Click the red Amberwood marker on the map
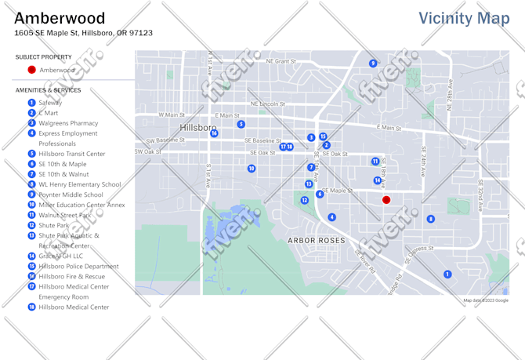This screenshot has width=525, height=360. pyautogui.click(x=386, y=200)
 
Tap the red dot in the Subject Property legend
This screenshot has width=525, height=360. pyautogui.click(x=31, y=70)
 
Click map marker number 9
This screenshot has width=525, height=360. pyautogui.click(x=373, y=64)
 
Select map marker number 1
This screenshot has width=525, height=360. pyautogui.click(x=447, y=275)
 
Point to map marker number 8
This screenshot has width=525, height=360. pyautogui.click(x=430, y=219)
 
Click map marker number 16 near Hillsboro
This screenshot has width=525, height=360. pyautogui.click(x=214, y=133)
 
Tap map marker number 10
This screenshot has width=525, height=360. pyautogui.click(x=252, y=169)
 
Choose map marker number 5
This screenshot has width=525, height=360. pyautogui.click(x=241, y=124)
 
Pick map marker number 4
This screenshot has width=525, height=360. pyautogui.click(x=331, y=217)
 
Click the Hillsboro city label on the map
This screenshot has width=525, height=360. pyautogui.click(x=197, y=128)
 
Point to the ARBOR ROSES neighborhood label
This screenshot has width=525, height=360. pyautogui.click(x=316, y=240)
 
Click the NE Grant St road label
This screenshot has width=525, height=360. pyautogui.click(x=281, y=60)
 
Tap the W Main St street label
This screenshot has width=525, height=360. pyautogui.click(x=172, y=115)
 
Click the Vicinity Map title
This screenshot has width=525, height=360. pyautogui.click(x=463, y=18)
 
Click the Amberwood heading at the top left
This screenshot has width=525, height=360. pyautogui.click(x=60, y=18)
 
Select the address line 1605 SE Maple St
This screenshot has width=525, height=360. pyautogui.click(x=83, y=33)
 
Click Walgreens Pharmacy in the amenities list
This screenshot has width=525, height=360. pyautogui.click(x=68, y=123)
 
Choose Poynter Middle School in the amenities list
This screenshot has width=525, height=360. pyautogui.click(x=71, y=195)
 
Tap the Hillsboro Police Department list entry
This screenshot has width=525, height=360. pyautogui.click(x=78, y=266)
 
